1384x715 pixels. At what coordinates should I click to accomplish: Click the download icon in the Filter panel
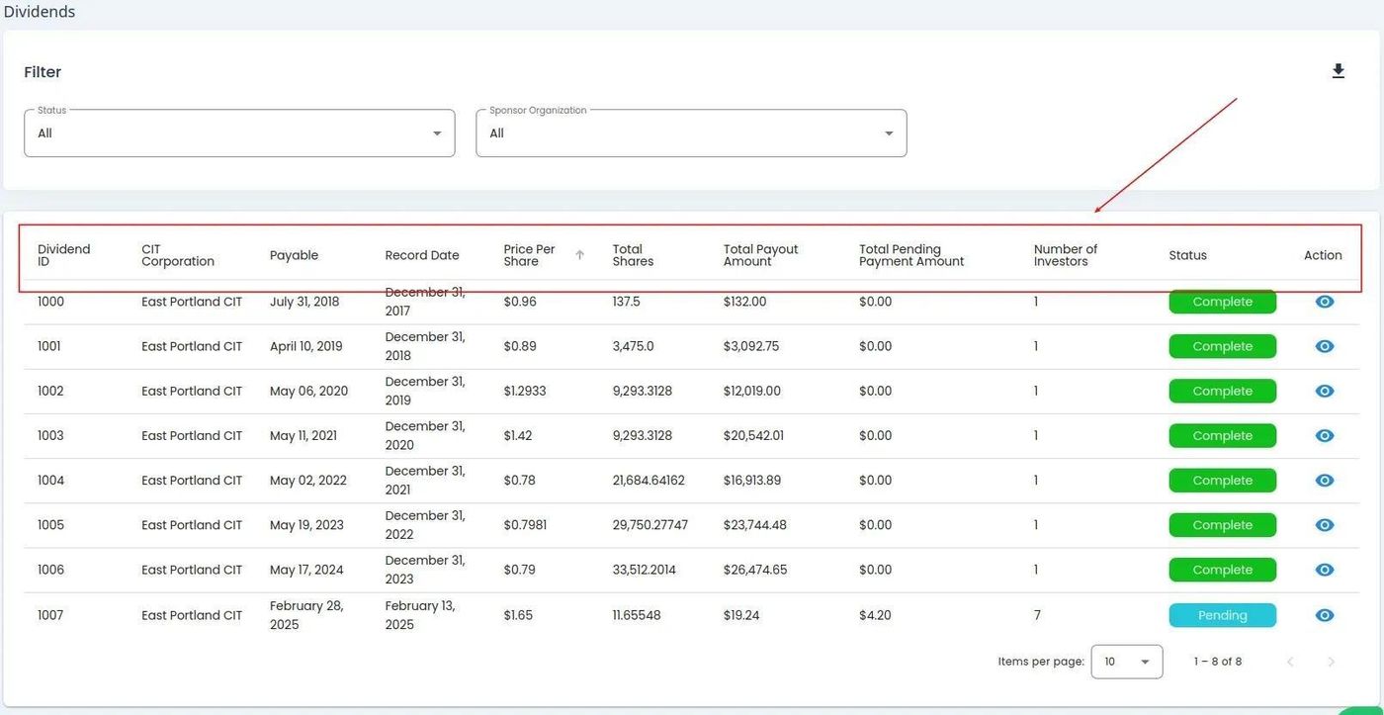[x=1338, y=71]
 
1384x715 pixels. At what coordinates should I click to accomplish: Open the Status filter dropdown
[x=239, y=134]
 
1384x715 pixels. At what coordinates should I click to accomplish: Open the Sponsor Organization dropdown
[x=691, y=134]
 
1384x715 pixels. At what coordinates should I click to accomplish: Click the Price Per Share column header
[x=529, y=255]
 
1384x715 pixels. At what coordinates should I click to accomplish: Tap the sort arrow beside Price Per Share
[x=580, y=255]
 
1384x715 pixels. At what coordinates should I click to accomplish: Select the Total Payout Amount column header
[x=760, y=255]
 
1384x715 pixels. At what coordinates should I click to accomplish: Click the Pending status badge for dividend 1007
[x=1222, y=615]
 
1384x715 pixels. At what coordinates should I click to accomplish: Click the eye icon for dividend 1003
[x=1325, y=436]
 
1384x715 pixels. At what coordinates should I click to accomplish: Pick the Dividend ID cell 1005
[x=50, y=525]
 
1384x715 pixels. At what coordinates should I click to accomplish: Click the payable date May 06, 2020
[x=308, y=392]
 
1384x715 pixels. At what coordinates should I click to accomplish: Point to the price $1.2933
[x=524, y=392]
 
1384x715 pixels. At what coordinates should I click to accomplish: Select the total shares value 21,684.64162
[x=649, y=481]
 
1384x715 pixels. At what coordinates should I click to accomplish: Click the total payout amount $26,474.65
[x=755, y=570]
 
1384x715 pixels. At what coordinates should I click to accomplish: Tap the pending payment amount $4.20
[x=875, y=615]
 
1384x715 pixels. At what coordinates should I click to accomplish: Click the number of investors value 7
[x=1037, y=615]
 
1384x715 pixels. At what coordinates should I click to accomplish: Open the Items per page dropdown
[x=1126, y=662]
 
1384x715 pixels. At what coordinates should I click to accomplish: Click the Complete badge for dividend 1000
[x=1222, y=302]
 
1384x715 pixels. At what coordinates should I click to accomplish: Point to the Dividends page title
[x=40, y=12]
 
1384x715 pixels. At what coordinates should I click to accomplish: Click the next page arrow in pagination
[x=1331, y=662]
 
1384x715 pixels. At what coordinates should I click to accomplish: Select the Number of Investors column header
[x=1066, y=255]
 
